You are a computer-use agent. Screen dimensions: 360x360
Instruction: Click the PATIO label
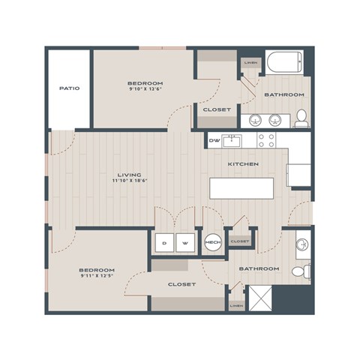69,88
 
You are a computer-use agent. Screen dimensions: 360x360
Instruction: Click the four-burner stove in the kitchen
267,139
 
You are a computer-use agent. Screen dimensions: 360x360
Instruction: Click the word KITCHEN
243,163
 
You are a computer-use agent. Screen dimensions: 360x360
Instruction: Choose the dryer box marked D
164,242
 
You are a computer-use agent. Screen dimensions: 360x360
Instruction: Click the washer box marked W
184,242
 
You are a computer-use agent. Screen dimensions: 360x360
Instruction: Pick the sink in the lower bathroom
301,244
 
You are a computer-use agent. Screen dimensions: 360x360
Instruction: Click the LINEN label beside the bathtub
250,63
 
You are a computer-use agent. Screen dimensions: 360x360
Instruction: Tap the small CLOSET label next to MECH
240,241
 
